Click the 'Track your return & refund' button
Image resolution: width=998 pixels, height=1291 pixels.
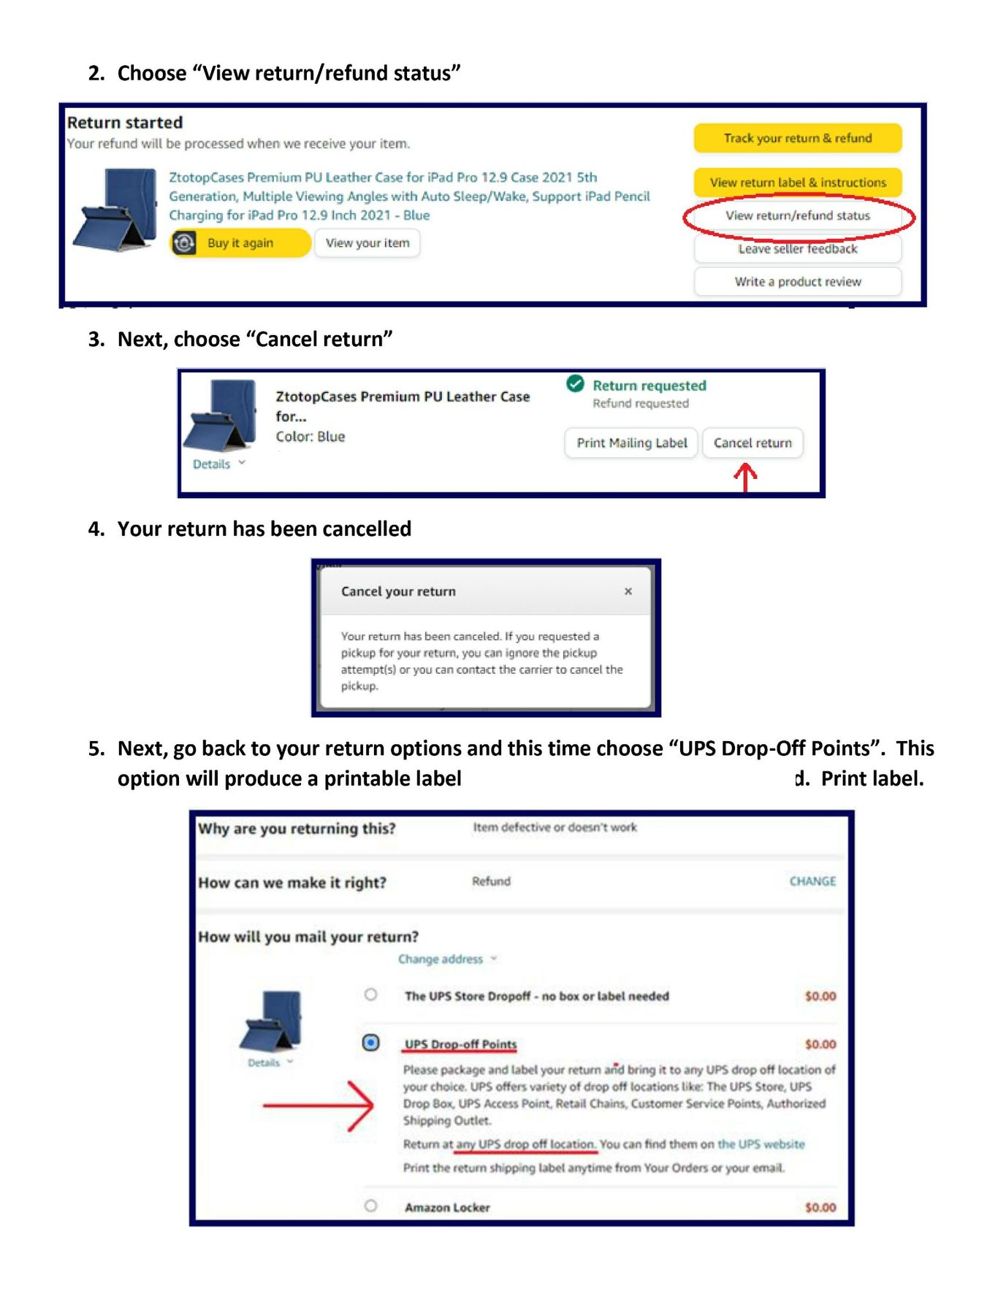(797, 138)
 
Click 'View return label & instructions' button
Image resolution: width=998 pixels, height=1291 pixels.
(797, 183)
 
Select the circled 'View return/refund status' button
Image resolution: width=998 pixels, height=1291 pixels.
(797, 215)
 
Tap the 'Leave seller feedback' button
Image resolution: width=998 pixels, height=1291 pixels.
(797, 249)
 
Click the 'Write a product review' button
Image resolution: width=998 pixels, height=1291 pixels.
(797, 282)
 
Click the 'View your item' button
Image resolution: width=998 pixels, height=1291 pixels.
(367, 243)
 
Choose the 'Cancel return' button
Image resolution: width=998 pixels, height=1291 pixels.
(753, 443)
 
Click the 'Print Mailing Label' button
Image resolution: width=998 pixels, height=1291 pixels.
(631, 443)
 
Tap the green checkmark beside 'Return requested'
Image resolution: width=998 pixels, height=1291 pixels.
(576, 383)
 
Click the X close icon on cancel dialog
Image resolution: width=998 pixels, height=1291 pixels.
(628, 591)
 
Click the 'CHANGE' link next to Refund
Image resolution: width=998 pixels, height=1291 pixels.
(812, 881)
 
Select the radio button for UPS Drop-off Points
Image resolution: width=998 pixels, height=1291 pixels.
(371, 1043)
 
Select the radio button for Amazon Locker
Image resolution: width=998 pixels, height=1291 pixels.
(371, 1206)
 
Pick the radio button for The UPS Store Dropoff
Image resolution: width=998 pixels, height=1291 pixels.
(371, 995)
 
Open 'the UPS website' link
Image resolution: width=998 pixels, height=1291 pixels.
(761, 1144)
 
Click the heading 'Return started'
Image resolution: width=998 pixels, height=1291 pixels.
(125, 123)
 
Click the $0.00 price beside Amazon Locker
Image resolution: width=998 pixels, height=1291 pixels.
(820, 1208)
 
